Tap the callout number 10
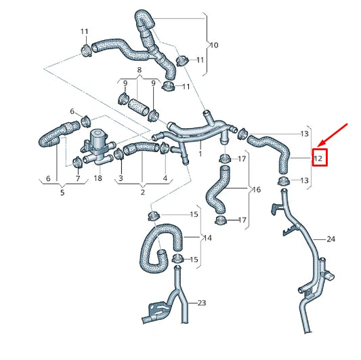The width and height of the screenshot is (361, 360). tap(213, 45)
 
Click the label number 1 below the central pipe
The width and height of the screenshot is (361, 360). tap(200, 155)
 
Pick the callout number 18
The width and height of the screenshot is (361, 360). tap(98, 178)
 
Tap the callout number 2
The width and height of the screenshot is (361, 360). tap(143, 193)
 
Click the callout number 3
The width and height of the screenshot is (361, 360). tap(121, 178)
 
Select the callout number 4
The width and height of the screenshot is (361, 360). tap(165, 178)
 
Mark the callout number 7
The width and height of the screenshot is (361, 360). tap(78, 178)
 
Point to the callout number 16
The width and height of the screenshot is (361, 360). tap(255, 189)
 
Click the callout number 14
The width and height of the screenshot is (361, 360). tap(207, 238)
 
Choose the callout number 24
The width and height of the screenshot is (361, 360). tap(331, 239)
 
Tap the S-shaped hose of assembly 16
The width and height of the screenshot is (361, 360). tap(217, 190)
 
